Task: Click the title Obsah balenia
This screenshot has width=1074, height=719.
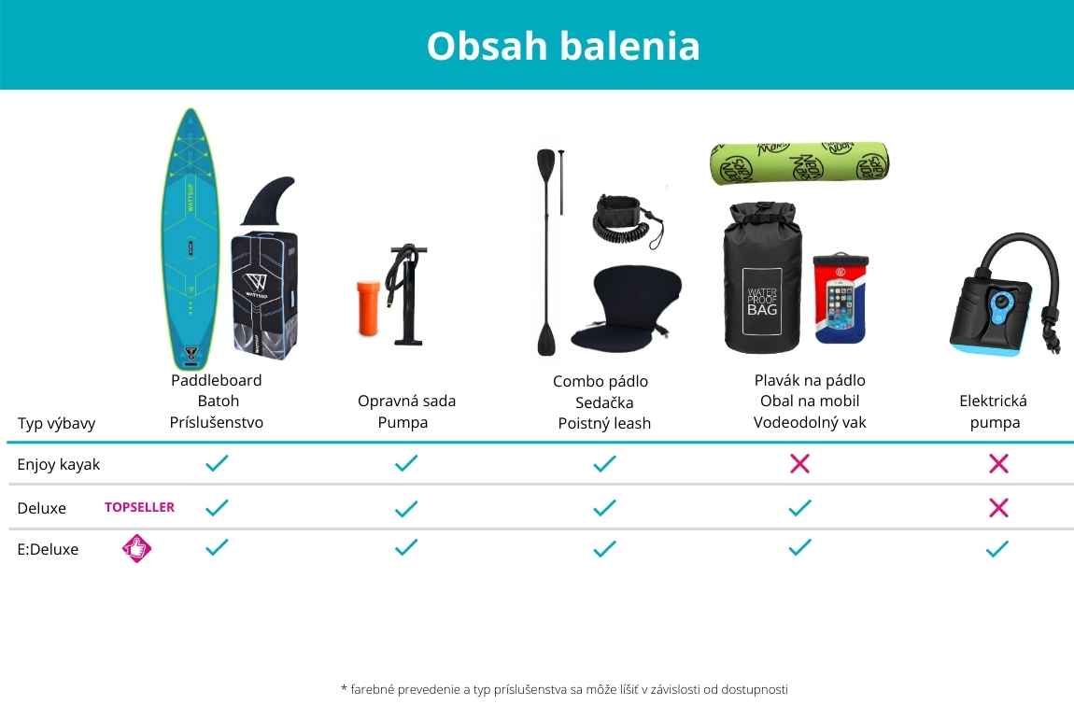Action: click(x=563, y=46)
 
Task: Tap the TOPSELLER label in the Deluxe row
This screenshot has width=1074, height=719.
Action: click(x=140, y=507)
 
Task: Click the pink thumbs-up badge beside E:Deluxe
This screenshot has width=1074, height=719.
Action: click(x=136, y=548)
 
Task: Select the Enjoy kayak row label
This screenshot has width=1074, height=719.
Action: click(x=58, y=464)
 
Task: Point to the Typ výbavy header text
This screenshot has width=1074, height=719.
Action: click(x=56, y=423)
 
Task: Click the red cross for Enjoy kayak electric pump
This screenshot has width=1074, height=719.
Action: click(x=998, y=463)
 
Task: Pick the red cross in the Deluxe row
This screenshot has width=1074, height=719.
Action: click(x=998, y=507)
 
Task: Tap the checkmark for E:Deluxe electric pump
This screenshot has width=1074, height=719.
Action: click(x=997, y=548)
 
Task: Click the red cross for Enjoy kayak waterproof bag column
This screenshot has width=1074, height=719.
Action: click(x=799, y=463)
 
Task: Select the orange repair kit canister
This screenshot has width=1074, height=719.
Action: click(x=368, y=308)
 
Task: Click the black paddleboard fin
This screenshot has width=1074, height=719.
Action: click(x=268, y=201)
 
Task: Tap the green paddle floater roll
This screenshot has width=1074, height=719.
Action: click(x=799, y=163)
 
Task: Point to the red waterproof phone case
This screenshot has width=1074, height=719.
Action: click(x=840, y=298)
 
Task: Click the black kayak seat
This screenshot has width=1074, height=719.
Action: click(x=626, y=308)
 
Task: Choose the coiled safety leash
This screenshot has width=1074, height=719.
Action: click(x=626, y=221)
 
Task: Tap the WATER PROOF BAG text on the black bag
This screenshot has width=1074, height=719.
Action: click(x=762, y=302)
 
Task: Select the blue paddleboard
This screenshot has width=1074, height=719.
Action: click(x=191, y=239)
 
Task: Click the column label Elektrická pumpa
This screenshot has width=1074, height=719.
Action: click(x=994, y=412)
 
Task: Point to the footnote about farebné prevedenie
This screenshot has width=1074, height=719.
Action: click(x=564, y=689)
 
